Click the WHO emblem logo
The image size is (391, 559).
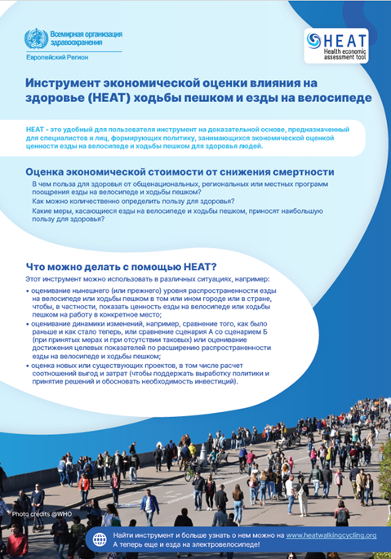[33, 38]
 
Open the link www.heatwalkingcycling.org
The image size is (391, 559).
[331, 535]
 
